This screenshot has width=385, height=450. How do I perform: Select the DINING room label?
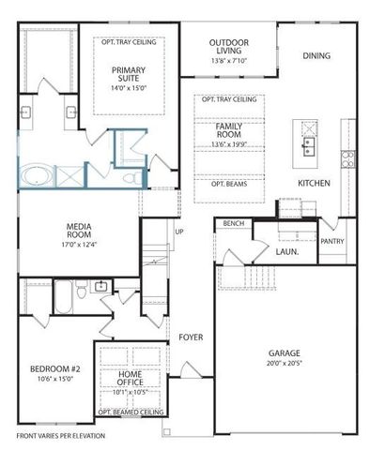316,55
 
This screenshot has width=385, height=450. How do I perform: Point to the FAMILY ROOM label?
229,130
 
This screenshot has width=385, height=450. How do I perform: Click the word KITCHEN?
314,182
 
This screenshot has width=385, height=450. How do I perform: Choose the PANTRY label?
332,241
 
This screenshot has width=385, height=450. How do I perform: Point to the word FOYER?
191,337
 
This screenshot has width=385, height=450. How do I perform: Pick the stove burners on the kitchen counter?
348,157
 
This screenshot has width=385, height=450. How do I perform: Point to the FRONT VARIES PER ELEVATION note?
60,436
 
